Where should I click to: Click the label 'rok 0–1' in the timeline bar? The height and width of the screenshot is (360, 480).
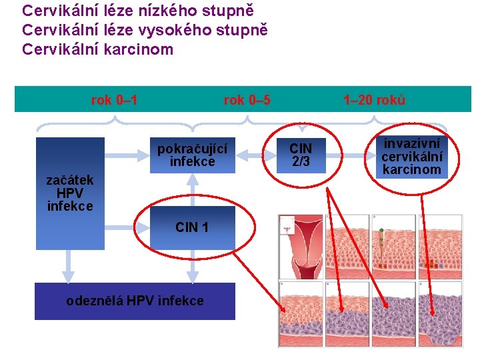point(114,101)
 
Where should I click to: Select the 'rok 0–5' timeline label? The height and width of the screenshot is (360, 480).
point(247,101)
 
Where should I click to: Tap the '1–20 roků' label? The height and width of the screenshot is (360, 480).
point(374,101)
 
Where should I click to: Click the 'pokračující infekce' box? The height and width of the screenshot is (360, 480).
point(193,155)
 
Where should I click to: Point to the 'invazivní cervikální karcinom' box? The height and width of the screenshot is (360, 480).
point(411,155)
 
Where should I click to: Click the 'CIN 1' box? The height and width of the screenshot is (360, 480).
point(192,227)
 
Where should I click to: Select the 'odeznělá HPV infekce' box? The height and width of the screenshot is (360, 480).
point(135,301)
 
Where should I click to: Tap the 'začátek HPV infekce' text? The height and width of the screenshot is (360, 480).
point(70,193)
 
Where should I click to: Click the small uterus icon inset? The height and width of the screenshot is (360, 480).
point(287,226)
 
